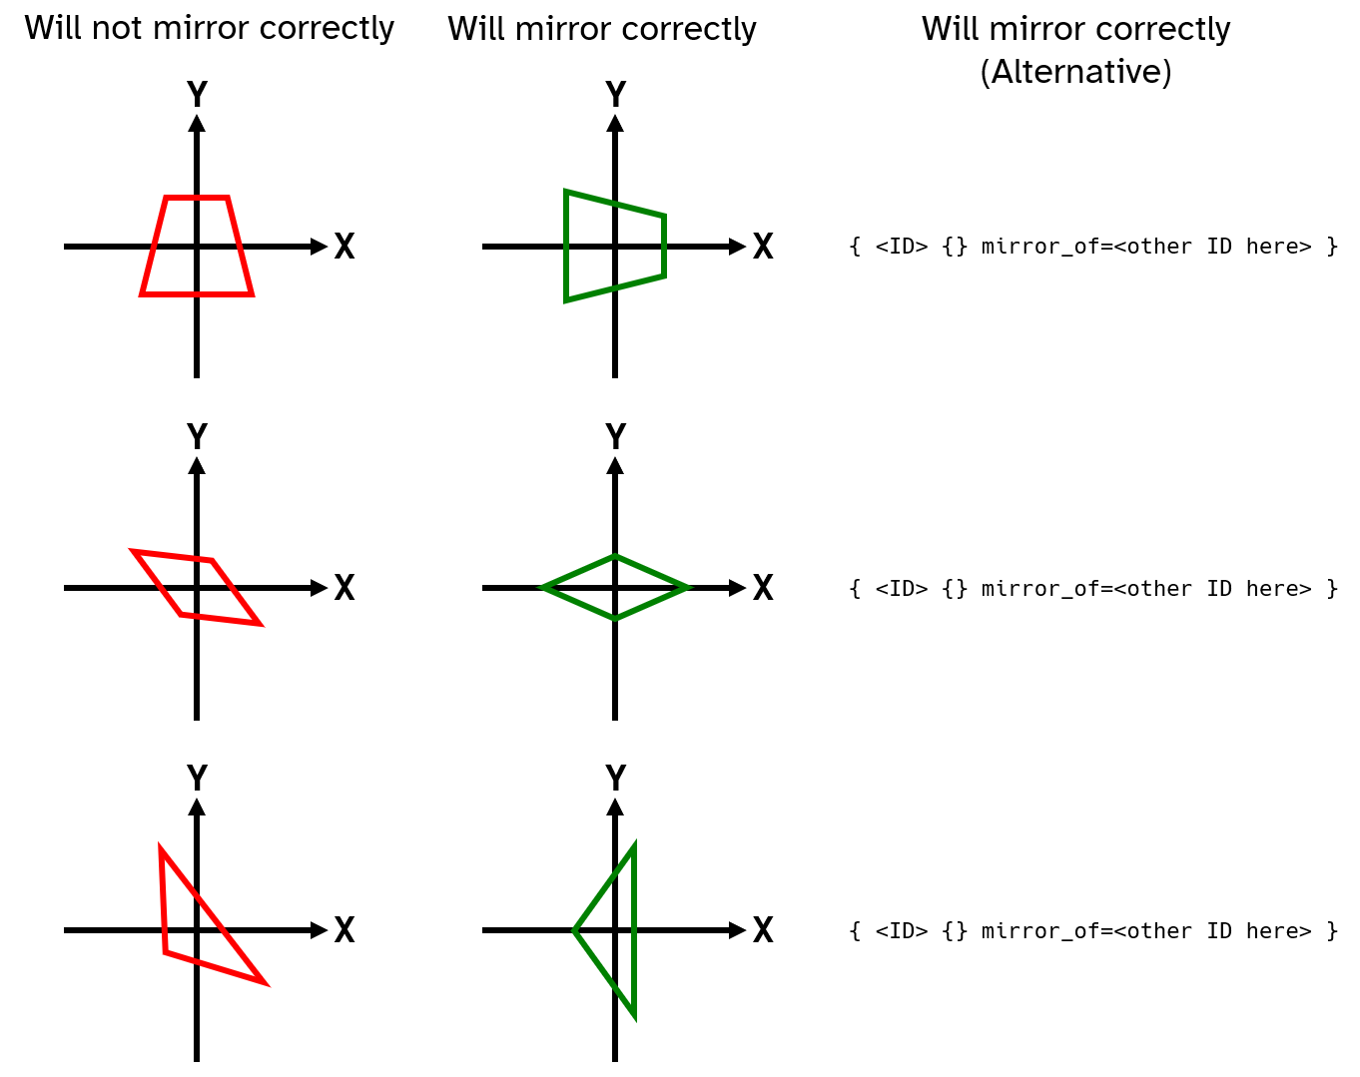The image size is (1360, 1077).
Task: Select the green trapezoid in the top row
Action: point(566,246)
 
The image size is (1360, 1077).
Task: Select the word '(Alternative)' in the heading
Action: point(1075,72)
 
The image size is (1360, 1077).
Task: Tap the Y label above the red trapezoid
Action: point(197,95)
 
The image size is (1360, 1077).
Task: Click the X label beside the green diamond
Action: point(763,588)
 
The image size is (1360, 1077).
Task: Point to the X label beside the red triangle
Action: point(343,930)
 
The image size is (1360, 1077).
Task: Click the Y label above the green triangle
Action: point(615,778)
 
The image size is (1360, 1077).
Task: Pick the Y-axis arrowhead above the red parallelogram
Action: point(197,465)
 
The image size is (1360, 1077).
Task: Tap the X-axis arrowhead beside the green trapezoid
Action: point(738,247)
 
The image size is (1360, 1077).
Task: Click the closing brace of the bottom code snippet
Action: point(1331,931)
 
